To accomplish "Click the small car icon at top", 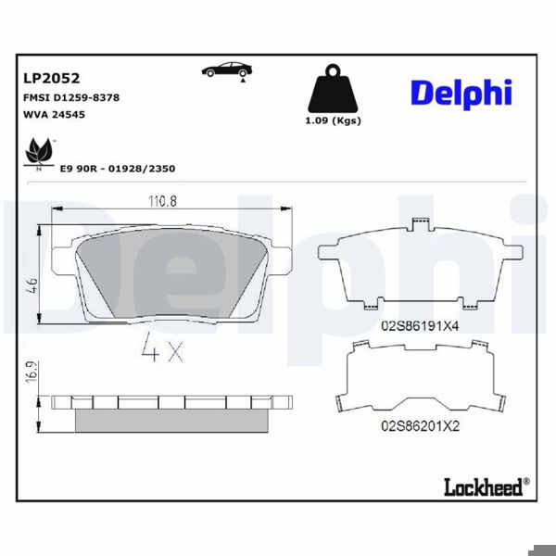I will [225, 70].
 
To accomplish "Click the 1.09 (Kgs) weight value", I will [333, 121].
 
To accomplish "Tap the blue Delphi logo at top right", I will [461, 92].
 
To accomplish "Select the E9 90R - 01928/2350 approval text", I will [117, 170].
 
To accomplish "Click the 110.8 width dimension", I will [163, 201].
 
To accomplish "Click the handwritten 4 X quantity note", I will [163, 350].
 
